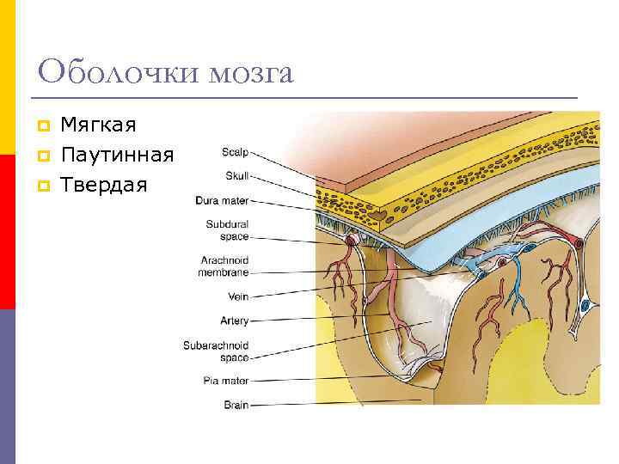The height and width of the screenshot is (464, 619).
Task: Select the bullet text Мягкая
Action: pyautogui.click(x=98, y=126)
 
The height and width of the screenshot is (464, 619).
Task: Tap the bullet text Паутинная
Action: pyautogui.click(x=117, y=156)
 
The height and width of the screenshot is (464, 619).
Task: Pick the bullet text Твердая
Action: pyautogui.click(x=104, y=185)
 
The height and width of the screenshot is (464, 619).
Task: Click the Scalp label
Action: pyautogui.click(x=234, y=153)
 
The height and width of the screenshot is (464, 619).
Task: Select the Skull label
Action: pyautogui.click(x=236, y=177)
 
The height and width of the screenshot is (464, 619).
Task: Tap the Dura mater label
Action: pyautogui.click(x=222, y=201)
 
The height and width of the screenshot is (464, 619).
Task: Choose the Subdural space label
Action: pyautogui.click(x=227, y=230)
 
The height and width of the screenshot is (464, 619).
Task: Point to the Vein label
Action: pyautogui.click(x=237, y=296)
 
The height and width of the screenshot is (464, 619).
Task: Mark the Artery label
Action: pyautogui.click(x=235, y=321)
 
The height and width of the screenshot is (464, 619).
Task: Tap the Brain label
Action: pyautogui.click(x=236, y=405)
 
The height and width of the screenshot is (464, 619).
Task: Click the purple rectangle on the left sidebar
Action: pyautogui.click(x=7, y=387)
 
